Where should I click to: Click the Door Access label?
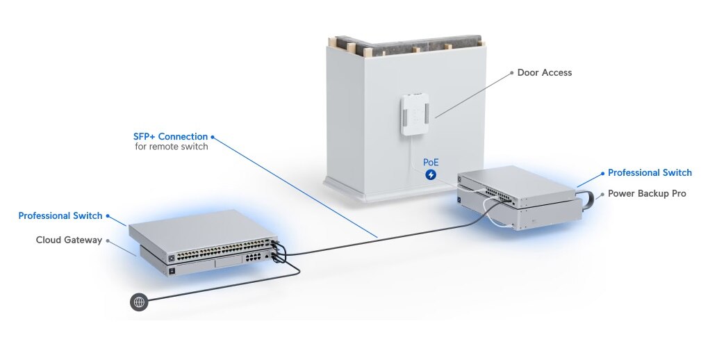pos(545,72)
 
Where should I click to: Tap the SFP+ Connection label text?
pos(170,136)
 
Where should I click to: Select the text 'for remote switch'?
pos(171,147)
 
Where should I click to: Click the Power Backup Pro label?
pos(647,193)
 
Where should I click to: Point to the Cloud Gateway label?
pos(69,240)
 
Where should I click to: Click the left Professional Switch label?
pos(60,215)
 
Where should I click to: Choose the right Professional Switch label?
pos(650,172)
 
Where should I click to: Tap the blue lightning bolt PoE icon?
pos(431,174)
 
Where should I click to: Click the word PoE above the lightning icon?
pos(431,162)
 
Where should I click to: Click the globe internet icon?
pos(139,302)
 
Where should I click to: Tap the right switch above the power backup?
pos(518,183)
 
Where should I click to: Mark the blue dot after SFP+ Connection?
pos(213,137)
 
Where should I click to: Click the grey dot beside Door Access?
pos(511,72)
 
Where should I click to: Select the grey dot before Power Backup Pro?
pos(601,194)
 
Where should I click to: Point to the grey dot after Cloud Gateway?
pos(107,240)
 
